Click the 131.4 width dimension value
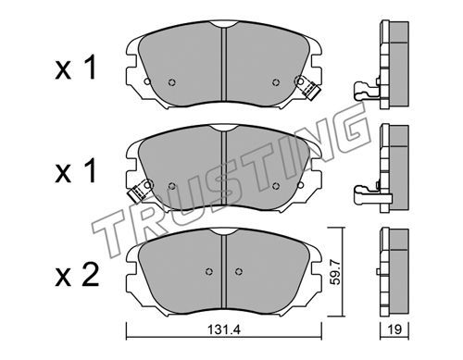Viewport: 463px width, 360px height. pyautogui.click(x=223, y=329)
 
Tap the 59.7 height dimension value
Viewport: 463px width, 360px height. pyautogui.click(x=336, y=272)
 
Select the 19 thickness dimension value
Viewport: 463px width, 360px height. pyautogui.click(x=394, y=329)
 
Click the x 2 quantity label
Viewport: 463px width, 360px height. pyautogui.click(x=77, y=275)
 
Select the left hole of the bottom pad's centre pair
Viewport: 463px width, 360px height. pyautogui.click(x=209, y=271)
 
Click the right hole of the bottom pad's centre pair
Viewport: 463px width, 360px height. pyautogui.click(x=238, y=271)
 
